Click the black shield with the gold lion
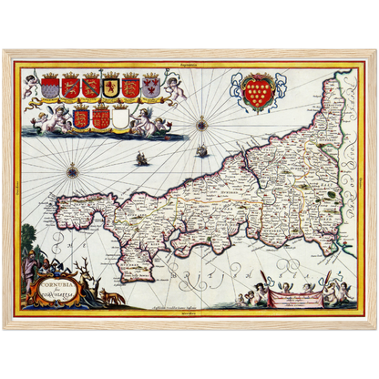pos(111,87)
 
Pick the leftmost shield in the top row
pos(50,87)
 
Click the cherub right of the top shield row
pos(174,87)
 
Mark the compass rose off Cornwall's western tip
pos(70,169)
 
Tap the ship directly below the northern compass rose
pos(200,151)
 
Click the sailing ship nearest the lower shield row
pos(141,159)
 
